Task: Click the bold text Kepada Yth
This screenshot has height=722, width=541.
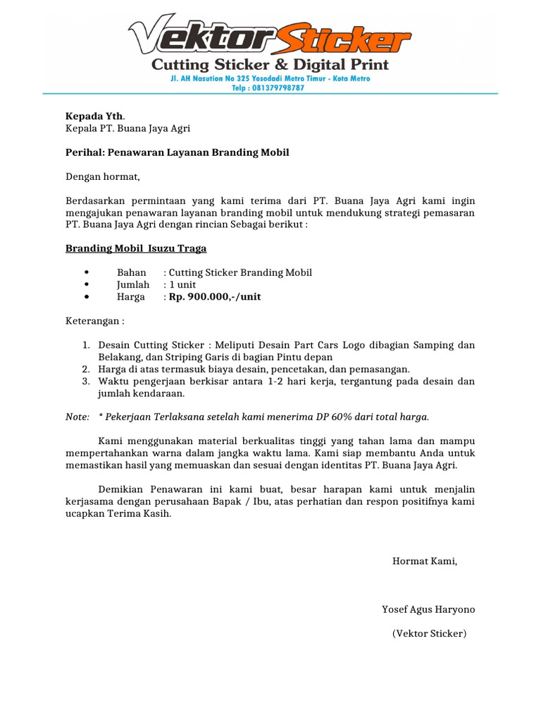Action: (94, 116)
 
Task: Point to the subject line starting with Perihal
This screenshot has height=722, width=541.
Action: (178, 152)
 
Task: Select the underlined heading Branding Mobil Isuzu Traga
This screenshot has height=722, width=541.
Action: (136, 248)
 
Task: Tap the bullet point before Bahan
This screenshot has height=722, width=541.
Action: (85, 273)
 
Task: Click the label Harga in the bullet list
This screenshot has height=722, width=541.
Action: (130, 297)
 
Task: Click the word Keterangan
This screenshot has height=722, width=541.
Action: (94, 321)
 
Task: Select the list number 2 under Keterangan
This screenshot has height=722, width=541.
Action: (85, 369)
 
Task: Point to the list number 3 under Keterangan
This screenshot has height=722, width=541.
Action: (85, 381)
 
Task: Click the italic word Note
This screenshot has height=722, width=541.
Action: (77, 417)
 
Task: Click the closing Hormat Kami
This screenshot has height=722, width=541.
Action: (425, 561)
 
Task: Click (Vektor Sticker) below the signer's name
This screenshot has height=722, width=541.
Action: (429, 633)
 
